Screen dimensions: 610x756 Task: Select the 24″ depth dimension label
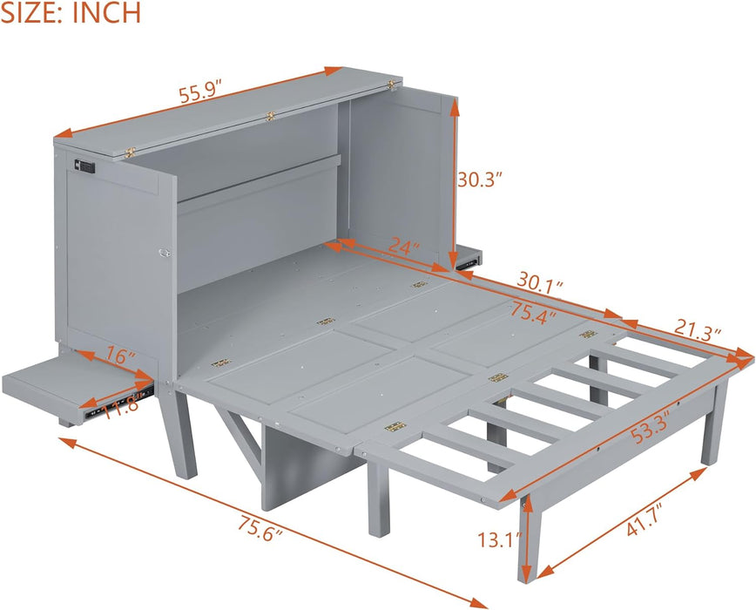403,248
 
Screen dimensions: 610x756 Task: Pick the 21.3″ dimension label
698,332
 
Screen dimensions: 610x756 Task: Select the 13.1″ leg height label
496,539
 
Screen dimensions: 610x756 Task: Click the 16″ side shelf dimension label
119,356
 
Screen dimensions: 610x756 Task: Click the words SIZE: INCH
71,13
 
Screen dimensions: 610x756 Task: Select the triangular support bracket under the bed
240,433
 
